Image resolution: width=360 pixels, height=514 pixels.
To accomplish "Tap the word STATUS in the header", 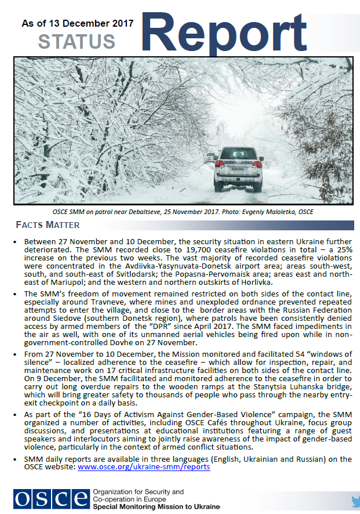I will click(x=77, y=42).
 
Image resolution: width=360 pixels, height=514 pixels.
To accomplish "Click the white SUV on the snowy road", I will click(x=238, y=169).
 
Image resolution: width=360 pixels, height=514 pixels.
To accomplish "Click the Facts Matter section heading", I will click(x=48, y=225).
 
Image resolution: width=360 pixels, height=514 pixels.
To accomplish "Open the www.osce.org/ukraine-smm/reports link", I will click(x=144, y=466).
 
